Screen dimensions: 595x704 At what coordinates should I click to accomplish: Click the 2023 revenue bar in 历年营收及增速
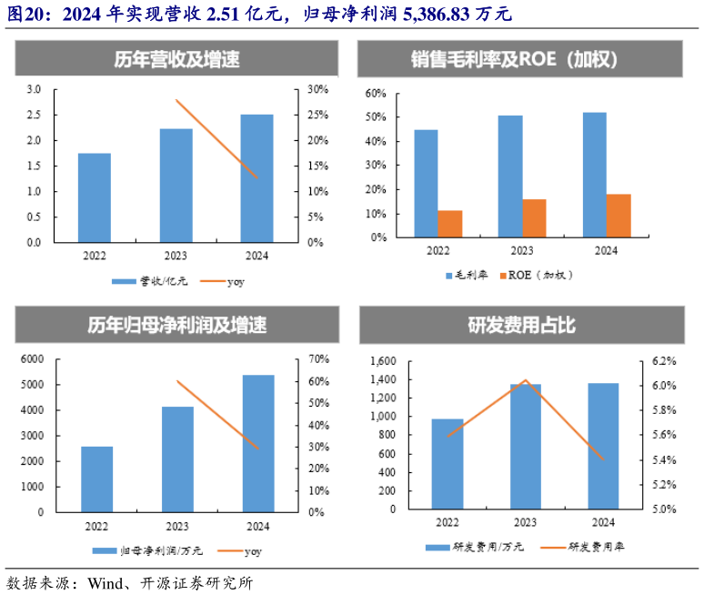click(177, 186)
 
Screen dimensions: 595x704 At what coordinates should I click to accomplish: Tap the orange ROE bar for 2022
click(449, 224)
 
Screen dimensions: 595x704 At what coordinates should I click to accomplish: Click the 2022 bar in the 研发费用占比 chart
click(448, 464)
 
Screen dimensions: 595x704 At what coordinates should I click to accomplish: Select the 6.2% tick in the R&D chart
click(663, 361)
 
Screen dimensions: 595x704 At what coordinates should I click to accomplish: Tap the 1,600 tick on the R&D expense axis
click(384, 361)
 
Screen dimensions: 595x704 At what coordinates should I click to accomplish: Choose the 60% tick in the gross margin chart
click(376, 93)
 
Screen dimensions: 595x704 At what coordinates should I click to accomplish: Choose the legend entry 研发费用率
click(597, 547)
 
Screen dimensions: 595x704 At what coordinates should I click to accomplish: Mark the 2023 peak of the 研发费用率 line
click(525, 380)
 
